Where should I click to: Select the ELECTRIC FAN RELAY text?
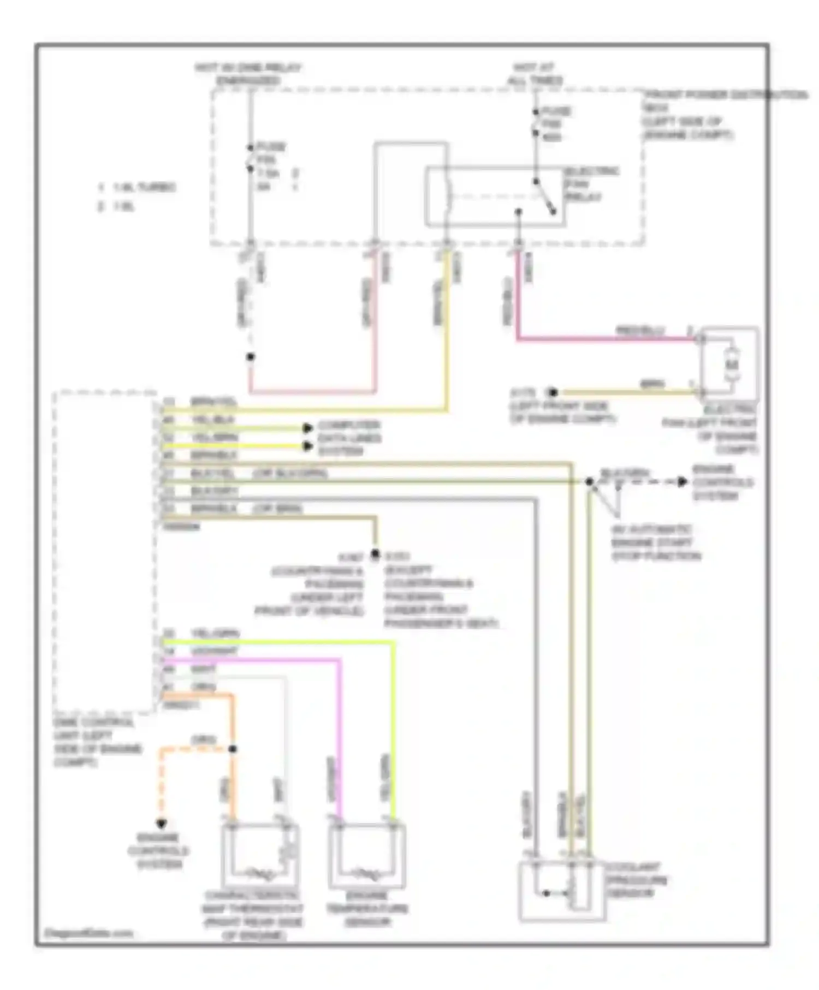tap(591, 184)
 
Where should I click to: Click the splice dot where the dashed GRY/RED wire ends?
tap(250, 357)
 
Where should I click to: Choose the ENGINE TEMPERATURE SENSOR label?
tap(366, 909)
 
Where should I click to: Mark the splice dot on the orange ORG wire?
tap(233, 749)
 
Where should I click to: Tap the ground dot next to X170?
tap(553, 392)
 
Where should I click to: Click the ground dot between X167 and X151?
tap(375, 554)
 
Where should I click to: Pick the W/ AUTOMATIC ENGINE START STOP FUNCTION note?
tap(655, 543)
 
